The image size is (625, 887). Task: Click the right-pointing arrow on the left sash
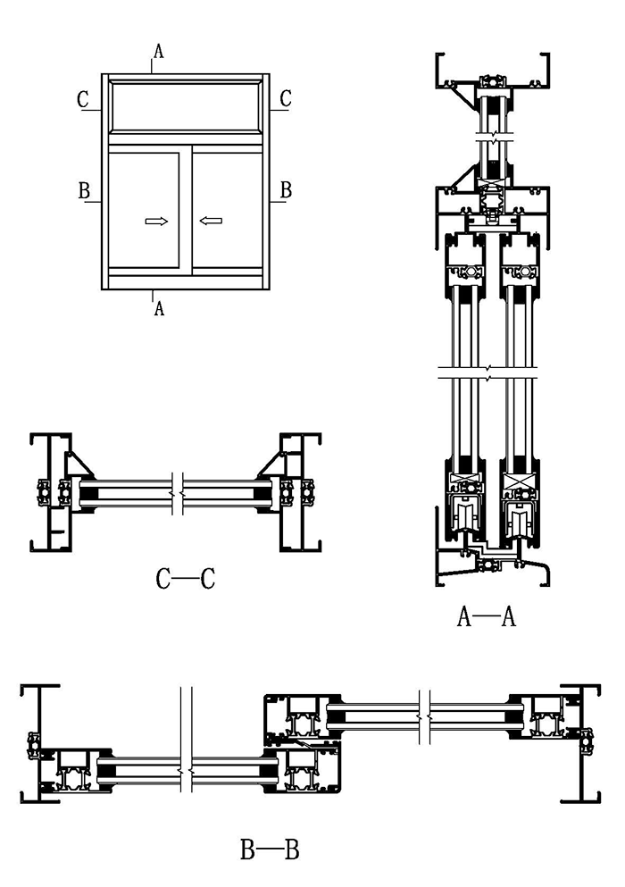pos(156,221)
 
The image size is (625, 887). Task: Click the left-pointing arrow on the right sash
pos(211,221)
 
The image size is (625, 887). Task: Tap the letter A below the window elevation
pos(159,308)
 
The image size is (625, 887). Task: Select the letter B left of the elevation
pos(84,190)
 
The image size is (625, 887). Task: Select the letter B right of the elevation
pos(286,189)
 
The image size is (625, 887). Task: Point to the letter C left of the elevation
pos(83,99)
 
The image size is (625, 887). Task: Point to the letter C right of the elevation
pos(286,98)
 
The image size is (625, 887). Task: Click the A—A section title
pos(487,617)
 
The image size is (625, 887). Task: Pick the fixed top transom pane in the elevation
pos(185,106)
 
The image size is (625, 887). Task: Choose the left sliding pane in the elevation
pos(144,210)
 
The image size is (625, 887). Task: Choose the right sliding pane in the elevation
pos(228,210)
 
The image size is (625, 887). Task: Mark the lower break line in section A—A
pos(487,372)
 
